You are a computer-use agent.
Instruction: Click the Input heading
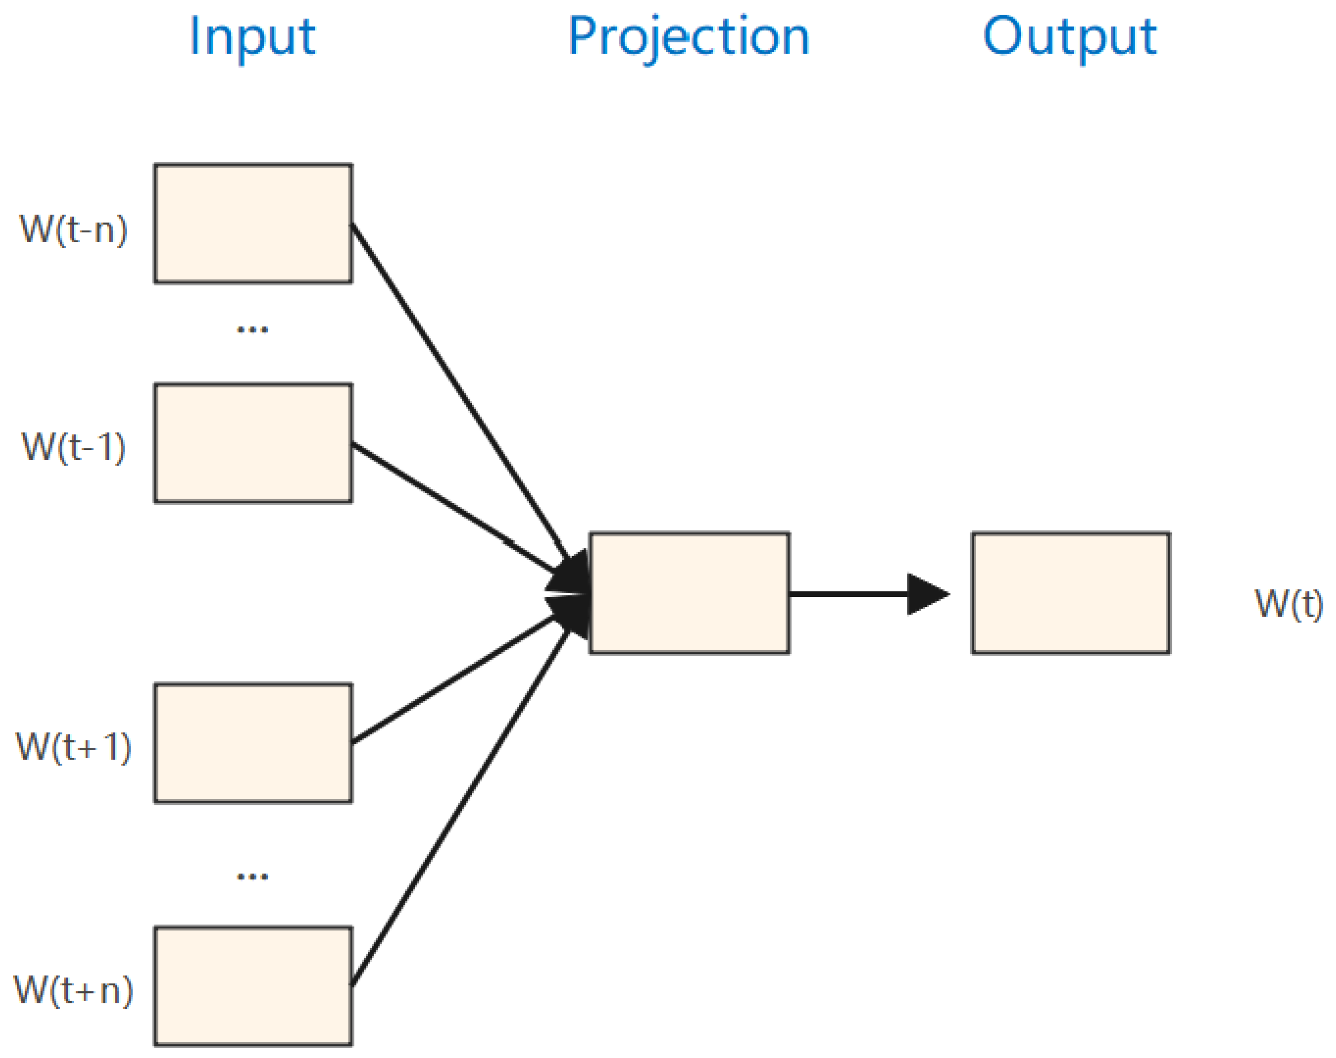(x=252, y=37)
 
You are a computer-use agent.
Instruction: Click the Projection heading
(x=688, y=37)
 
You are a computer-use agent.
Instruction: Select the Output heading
(x=1069, y=37)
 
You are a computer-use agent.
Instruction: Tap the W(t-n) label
(x=74, y=230)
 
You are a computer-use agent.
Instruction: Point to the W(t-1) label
(x=74, y=447)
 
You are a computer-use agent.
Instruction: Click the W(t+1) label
(x=74, y=747)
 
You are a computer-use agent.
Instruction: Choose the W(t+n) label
(x=74, y=990)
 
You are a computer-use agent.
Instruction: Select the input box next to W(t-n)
(x=253, y=224)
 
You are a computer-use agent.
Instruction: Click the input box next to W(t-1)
(x=253, y=443)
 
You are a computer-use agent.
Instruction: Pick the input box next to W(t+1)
(x=253, y=743)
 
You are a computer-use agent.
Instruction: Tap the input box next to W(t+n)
(x=253, y=986)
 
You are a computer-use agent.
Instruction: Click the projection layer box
(x=689, y=593)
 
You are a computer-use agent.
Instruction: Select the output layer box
(x=1070, y=593)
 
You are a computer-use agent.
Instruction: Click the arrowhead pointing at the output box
(x=926, y=594)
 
